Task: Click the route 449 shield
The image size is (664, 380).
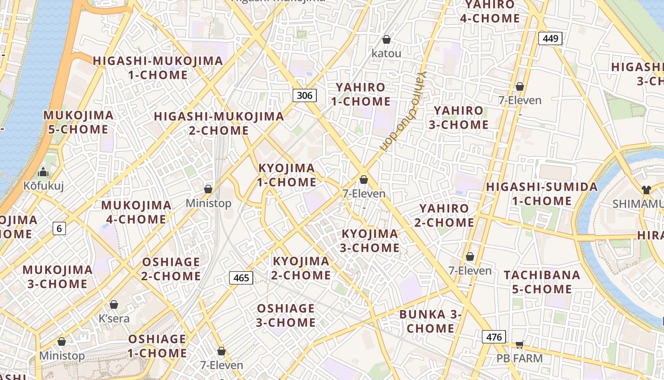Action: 550,38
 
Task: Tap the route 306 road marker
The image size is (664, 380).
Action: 304,95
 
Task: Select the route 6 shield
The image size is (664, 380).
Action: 59,228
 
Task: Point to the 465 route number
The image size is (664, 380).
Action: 241,277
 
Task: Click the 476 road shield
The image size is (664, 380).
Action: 494,337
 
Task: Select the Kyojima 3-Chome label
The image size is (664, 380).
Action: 370,241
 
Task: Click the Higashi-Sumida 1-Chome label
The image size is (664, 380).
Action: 542,194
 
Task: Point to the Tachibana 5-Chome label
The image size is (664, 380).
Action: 542,282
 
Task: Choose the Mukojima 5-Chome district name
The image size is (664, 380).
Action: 78,122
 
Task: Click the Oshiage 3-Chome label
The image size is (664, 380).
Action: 286,315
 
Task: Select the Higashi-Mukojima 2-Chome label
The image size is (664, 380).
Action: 219,123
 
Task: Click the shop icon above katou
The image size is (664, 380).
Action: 387,39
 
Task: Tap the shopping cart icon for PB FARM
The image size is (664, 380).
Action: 519,344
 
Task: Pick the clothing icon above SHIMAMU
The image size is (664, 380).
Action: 646,190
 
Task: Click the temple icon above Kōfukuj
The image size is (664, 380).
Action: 44,172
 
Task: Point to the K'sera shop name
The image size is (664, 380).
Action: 114,318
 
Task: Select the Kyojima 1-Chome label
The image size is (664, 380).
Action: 286,175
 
